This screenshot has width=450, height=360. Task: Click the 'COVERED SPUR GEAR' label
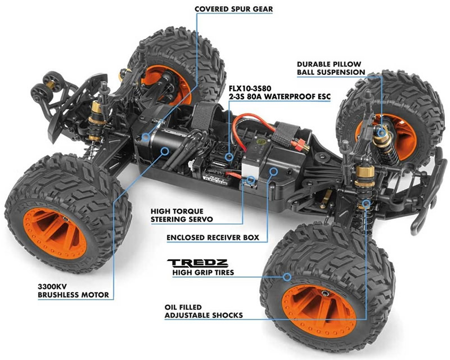point(233,9)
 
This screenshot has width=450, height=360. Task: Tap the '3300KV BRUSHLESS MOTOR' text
point(73,290)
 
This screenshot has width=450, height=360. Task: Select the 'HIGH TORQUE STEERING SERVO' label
point(182,215)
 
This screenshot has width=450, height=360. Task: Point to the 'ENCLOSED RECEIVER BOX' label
point(213,237)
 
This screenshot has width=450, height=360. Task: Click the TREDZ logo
point(197,263)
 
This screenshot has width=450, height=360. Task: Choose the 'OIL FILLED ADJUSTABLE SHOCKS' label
point(204,311)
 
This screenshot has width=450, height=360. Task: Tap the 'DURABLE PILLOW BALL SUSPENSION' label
point(331,68)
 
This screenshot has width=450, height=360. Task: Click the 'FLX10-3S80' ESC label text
point(250,88)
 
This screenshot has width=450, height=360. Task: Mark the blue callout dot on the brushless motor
point(164,150)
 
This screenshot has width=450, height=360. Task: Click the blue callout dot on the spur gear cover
point(146,137)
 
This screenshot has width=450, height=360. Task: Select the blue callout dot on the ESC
point(229,157)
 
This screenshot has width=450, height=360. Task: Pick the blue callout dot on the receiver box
point(273,172)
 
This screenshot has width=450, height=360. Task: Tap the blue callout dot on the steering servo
point(251,180)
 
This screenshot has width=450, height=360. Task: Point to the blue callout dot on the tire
point(287,277)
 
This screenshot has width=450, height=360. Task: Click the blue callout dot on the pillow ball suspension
point(381,132)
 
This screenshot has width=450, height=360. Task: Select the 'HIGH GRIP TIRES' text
point(203,272)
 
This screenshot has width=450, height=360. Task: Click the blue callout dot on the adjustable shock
point(366,204)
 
